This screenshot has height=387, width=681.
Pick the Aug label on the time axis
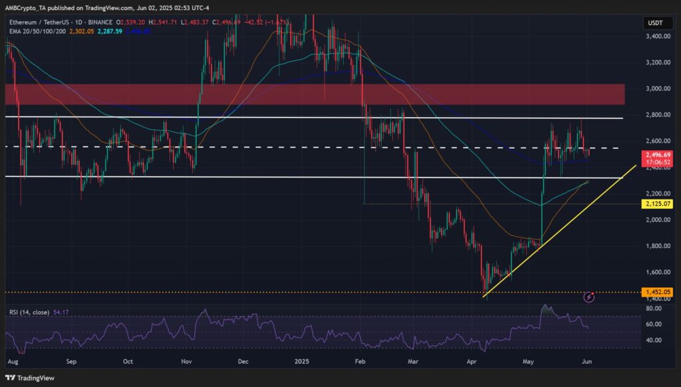click(x=11, y=362)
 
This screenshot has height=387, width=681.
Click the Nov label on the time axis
click(x=187, y=362)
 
